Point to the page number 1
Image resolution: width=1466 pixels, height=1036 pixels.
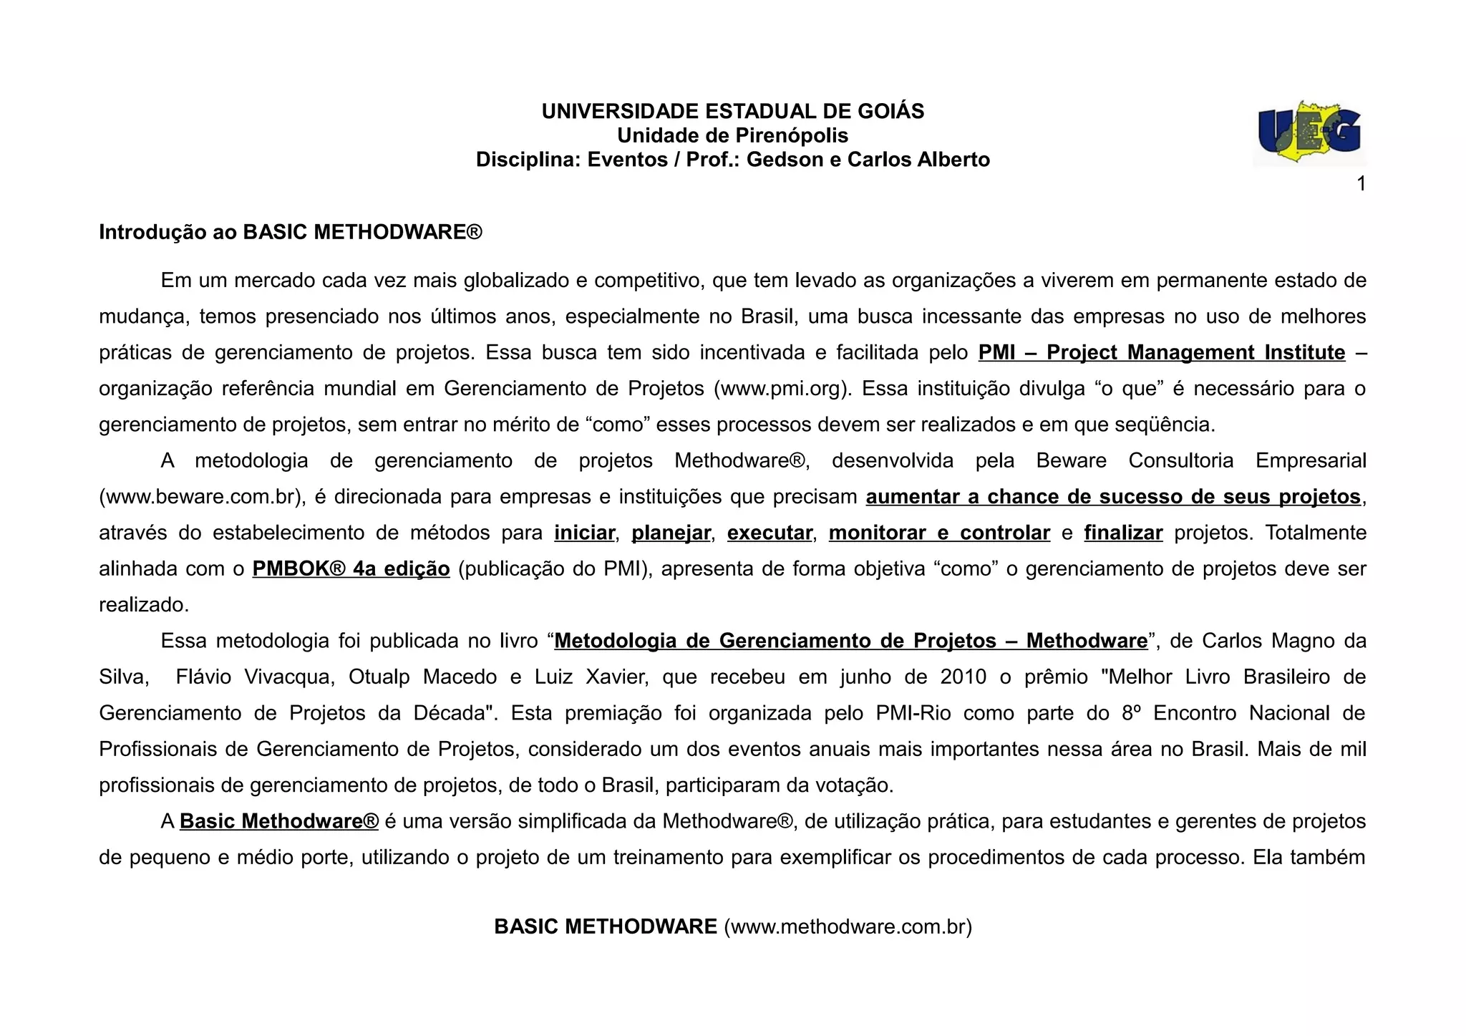[x=1361, y=184]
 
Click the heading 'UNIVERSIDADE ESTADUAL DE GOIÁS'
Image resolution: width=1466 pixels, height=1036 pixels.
[x=732, y=111]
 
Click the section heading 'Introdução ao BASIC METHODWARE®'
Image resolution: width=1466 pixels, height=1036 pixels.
[x=291, y=232]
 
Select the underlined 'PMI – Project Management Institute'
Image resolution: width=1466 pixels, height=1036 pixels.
[x=1161, y=352]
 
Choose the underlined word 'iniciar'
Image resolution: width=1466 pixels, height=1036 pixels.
[x=584, y=533]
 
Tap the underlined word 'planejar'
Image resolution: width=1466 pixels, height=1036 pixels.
[x=671, y=533]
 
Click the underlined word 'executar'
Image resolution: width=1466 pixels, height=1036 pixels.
[x=770, y=533]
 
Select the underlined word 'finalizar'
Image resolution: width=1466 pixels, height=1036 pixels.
[x=1123, y=533]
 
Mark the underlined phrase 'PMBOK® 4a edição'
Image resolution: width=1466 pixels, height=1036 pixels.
[x=351, y=569]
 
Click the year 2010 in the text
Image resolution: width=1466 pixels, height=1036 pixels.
[x=963, y=677]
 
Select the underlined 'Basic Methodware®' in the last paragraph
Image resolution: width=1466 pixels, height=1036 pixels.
[x=278, y=821]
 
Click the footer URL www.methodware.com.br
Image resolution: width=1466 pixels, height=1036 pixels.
[x=848, y=926]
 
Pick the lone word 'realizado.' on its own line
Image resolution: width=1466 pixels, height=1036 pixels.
[x=144, y=605]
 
